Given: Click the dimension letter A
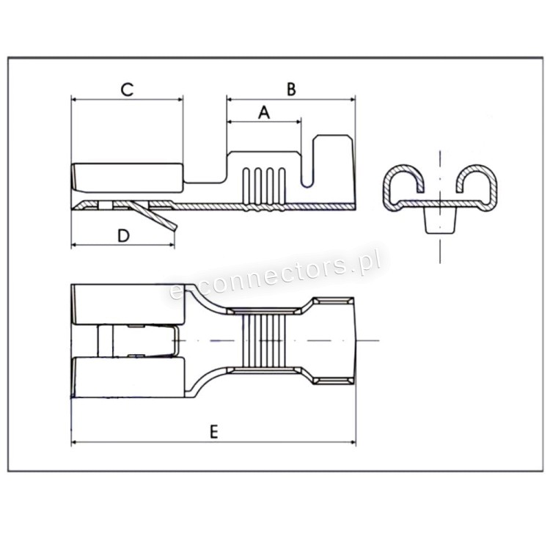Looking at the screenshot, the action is click(x=264, y=113).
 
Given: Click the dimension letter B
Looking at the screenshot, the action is click(x=291, y=89).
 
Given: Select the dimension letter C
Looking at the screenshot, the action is click(x=127, y=89).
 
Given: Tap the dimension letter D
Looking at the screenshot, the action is click(x=123, y=235).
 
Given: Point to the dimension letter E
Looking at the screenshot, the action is click(x=214, y=431).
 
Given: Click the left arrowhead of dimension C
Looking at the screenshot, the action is click(x=73, y=99).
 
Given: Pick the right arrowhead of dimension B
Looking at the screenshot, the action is click(x=353, y=99).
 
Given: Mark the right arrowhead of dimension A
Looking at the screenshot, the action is click(x=298, y=122).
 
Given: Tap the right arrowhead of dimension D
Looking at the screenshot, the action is click(x=172, y=244).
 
